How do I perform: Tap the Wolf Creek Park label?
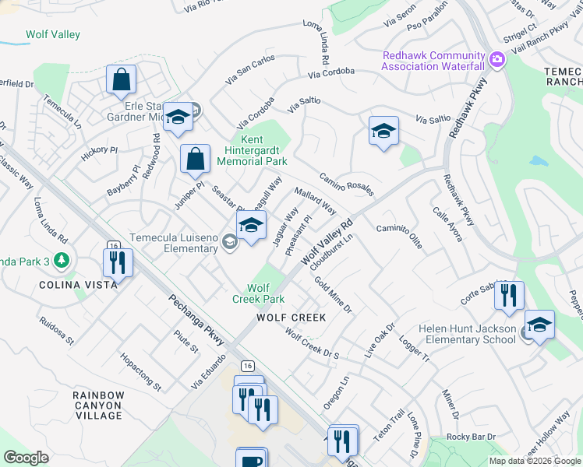pyautogui.click(x=259, y=293)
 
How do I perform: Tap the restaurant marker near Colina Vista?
pyautogui.click(x=118, y=262)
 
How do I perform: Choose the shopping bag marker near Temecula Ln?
pyautogui.click(x=122, y=79)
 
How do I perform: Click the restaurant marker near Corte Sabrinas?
pyautogui.click(x=509, y=296)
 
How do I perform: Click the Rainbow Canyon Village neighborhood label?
pyautogui.click(x=98, y=406)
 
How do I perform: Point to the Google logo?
pyautogui.click(x=26, y=458)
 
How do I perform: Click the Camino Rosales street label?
pyautogui.click(x=347, y=184)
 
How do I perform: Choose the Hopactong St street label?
pyautogui.click(x=140, y=372)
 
